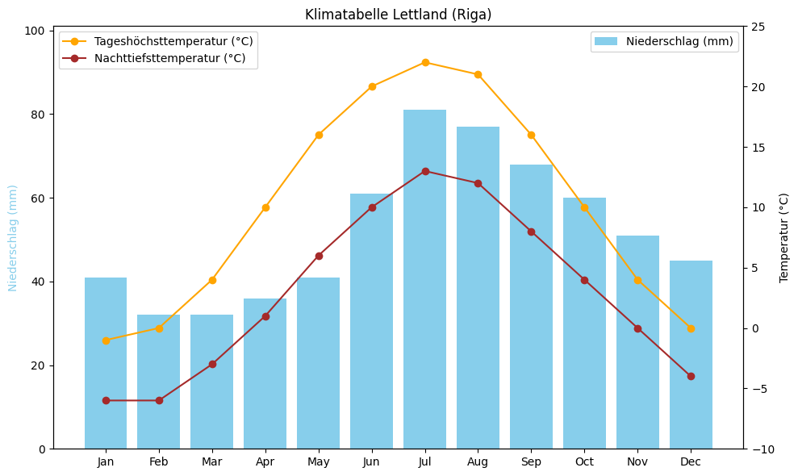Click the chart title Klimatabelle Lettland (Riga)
click(x=398, y=15)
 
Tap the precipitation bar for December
click(x=691, y=355)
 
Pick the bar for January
click(x=106, y=363)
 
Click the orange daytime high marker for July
click(x=425, y=62)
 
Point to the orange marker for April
click(x=265, y=207)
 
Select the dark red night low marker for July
click(x=425, y=171)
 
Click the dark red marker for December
click(x=691, y=376)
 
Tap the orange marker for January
click(x=106, y=340)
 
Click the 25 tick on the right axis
click(x=758, y=27)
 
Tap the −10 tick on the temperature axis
click(x=761, y=449)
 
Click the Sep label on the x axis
click(x=531, y=462)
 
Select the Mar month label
click(x=212, y=462)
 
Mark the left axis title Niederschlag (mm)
click(x=13, y=237)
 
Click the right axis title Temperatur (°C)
click(x=784, y=237)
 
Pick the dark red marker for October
click(x=584, y=280)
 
